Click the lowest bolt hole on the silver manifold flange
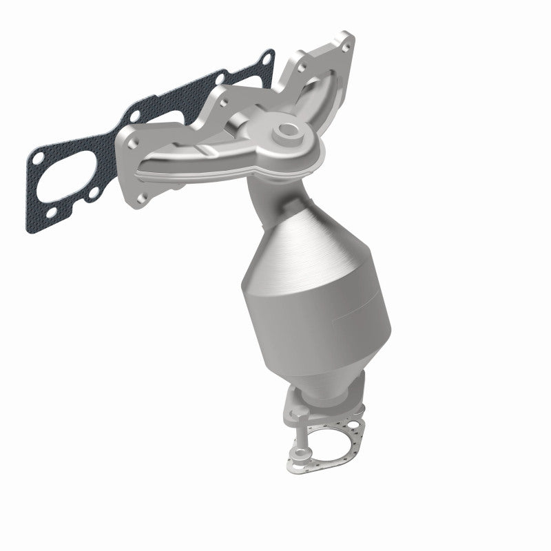click(142, 199)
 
